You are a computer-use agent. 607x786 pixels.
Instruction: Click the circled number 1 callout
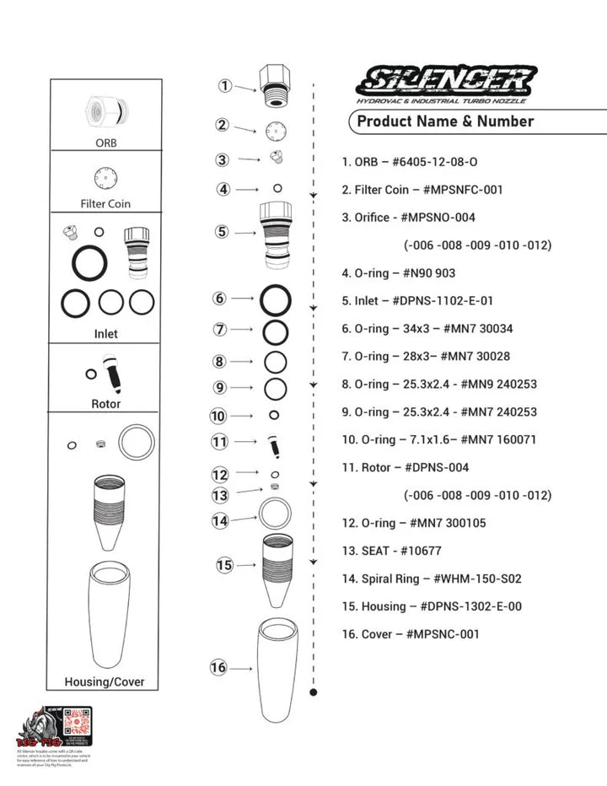[225, 85]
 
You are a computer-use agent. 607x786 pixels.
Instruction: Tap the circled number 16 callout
[218, 667]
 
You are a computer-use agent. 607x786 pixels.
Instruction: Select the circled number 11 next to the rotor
[220, 441]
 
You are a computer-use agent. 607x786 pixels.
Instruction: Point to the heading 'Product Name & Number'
[445, 121]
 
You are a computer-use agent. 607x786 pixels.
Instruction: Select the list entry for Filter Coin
[422, 190]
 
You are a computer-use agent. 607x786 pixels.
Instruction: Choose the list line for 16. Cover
[410, 634]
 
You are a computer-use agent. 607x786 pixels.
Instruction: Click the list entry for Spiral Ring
[432, 579]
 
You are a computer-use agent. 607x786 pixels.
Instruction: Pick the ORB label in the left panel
[105, 143]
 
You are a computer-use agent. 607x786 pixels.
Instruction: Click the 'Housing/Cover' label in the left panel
[105, 681]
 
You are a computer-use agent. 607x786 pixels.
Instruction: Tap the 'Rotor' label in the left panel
[105, 404]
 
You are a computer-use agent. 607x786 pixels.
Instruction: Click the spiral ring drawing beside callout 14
[275, 512]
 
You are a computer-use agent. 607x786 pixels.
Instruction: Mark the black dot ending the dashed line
[314, 692]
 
